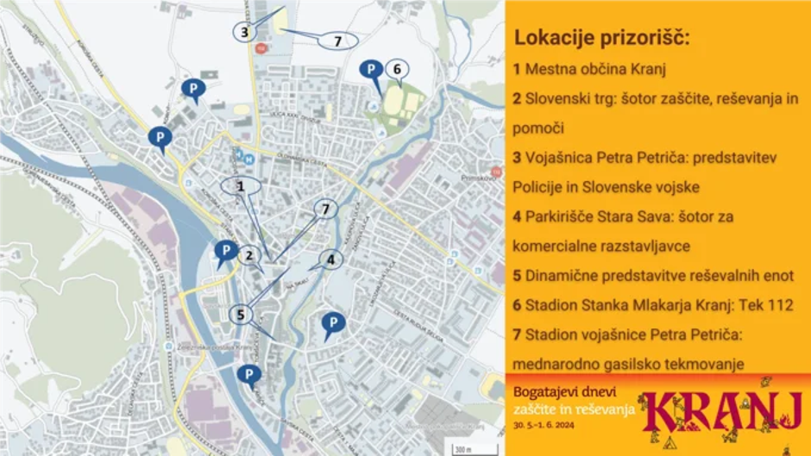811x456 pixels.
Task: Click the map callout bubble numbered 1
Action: pyautogui.click(x=241, y=184)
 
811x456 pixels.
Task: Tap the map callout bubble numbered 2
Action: pyautogui.click(x=248, y=254)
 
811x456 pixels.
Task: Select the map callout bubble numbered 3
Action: pyautogui.click(x=245, y=32)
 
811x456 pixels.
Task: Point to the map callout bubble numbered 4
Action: pyautogui.click(x=330, y=259)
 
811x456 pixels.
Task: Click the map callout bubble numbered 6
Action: pyautogui.click(x=396, y=69)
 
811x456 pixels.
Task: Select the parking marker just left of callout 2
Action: pyautogui.click(x=225, y=252)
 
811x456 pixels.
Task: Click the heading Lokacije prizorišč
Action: pyautogui.click(x=603, y=38)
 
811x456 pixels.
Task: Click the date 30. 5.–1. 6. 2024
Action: pyautogui.click(x=548, y=426)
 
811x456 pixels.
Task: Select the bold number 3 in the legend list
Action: pyautogui.click(x=516, y=158)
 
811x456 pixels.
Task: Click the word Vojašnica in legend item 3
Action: pyautogui.click(x=558, y=158)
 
